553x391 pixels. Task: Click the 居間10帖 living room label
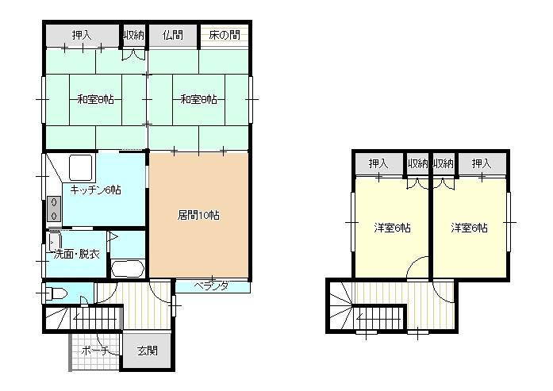click(x=198, y=215)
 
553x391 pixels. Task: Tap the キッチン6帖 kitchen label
click(x=95, y=190)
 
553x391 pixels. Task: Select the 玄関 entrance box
click(x=148, y=351)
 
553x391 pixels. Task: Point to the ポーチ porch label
click(x=94, y=351)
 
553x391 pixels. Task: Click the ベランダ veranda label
click(x=212, y=286)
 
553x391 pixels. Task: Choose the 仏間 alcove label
click(x=173, y=35)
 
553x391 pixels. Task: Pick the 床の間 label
click(x=225, y=35)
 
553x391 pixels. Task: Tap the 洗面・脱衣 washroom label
click(x=77, y=255)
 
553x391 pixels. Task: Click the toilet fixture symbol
click(x=55, y=293)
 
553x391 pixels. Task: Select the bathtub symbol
click(x=127, y=270)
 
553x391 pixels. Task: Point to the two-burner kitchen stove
click(x=54, y=209)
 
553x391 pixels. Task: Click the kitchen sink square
click(x=81, y=168)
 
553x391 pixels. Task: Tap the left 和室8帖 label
click(x=95, y=99)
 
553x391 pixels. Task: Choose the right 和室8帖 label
click(x=198, y=99)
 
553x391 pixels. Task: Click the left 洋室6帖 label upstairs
click(x=392, y=228)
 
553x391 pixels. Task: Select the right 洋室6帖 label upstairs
click(x=469, y=228)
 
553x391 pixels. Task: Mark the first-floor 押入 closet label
click(x=82, y=35)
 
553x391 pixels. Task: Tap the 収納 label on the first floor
click(x=133, y=35)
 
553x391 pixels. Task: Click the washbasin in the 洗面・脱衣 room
click(x=53, y=241)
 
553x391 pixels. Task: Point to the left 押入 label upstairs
click(x=378, y=163)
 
